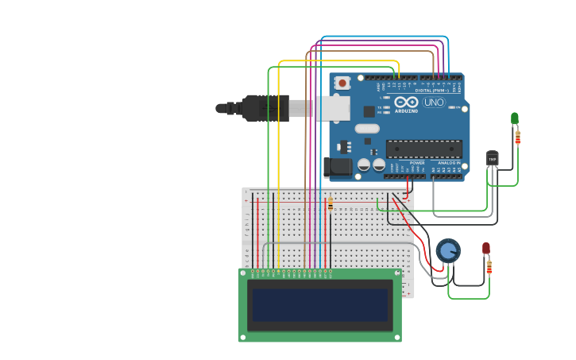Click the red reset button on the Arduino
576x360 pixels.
[342, 83]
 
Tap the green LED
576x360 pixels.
[515, 119]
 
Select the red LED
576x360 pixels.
[486, 249]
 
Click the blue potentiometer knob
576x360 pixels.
[448, 250]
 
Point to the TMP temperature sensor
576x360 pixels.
[493, 158]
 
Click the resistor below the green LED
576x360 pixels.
[518, 137]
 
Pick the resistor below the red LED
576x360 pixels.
[489, 267]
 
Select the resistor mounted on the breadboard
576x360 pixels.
[331, 206]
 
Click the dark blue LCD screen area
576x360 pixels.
[320, 304]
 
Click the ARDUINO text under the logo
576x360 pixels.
[406, 112]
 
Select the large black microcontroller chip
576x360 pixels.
[423, 149]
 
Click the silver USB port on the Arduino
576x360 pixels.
[329, 107]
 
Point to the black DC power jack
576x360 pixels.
[337, 167]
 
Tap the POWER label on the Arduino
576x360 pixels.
[417, 162]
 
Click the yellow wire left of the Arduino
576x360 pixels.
[279, 159]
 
